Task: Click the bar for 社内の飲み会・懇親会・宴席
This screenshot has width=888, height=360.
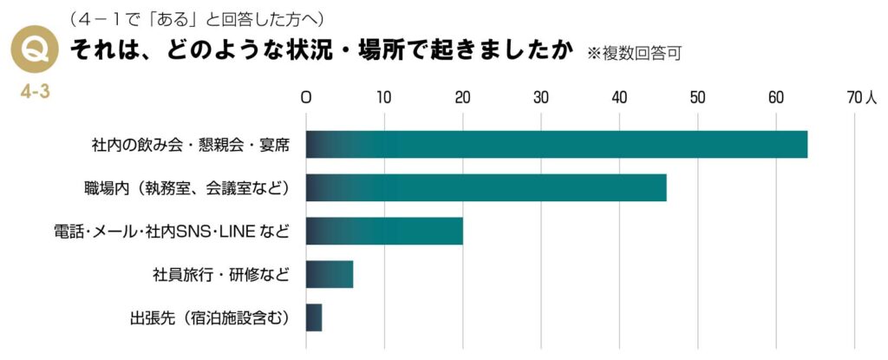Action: pos(556,144)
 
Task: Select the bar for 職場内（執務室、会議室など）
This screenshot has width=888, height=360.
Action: pos(486,187)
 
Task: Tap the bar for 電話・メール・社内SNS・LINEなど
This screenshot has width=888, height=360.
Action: pos(384,231)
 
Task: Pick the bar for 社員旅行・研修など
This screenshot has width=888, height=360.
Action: pos(330,274)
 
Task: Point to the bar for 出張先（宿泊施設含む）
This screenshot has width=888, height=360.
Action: pos(314,317)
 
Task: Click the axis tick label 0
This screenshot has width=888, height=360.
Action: pos(306,98)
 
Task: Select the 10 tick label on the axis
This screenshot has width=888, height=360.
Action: pos(384,98)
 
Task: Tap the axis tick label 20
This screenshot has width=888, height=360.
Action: pos(462,98)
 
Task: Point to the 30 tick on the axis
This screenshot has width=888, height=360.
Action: pos(541,98)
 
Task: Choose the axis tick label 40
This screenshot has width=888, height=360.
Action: pos(619,98)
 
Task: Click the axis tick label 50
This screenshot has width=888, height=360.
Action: pos(697,98)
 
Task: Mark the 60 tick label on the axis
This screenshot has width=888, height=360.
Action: pos(775,98)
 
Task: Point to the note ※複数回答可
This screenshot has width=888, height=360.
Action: pos(634,53)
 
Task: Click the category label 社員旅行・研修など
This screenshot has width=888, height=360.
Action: pos(220,275)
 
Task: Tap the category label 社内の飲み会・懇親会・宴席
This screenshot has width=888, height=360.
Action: pos(190,145)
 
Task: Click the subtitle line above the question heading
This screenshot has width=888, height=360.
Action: pos(199,19)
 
